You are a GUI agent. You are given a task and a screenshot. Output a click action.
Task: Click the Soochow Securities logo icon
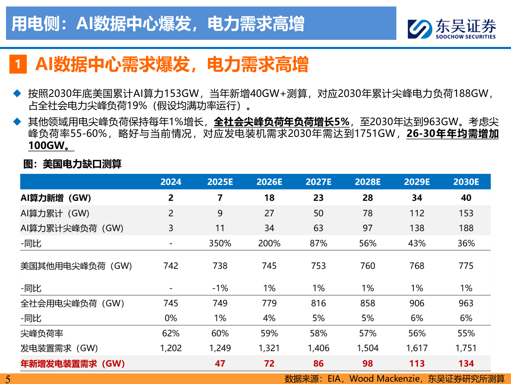[x=420, y=28]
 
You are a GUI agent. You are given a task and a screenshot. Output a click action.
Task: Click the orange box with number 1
[x=18, y=64]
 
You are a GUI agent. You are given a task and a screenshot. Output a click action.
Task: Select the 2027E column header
[x=318, y=182]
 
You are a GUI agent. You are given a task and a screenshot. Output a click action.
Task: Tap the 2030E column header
[x=466, y=182]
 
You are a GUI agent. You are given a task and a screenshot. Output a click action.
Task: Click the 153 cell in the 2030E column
[x=466, y=213]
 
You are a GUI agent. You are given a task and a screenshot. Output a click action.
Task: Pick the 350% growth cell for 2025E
[x=220, y=244]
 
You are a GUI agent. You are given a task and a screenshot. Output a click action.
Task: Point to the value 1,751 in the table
[x=466, y=348]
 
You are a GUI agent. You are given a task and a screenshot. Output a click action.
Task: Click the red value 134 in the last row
[x=466, y=363]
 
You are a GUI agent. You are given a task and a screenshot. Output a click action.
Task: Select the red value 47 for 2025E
[x=220, y=363]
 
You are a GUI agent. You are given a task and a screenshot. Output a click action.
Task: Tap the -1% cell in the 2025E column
[x=220, y=288]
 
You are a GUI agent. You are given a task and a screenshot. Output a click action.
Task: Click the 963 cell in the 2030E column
[x=466, y=303]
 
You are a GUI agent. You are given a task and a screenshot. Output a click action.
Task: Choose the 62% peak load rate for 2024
[x=171, y=334]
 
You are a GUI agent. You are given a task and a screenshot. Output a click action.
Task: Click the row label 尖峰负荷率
[x=42, y=334]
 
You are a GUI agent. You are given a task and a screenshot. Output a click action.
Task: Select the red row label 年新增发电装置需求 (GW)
[x=73, y=363]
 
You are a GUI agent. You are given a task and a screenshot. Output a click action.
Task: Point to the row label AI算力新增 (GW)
[x=56, y=198]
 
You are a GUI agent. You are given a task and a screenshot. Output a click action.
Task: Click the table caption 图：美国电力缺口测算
[x=72, y=164]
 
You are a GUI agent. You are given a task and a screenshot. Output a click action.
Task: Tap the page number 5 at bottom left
[x=8, y=379]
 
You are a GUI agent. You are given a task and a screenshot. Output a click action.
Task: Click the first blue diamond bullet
[x=17, y=94]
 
